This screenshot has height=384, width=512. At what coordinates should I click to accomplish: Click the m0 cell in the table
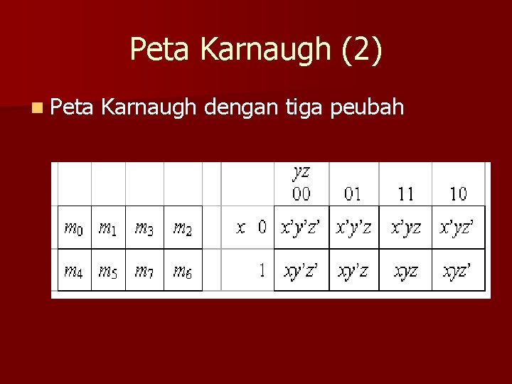74,228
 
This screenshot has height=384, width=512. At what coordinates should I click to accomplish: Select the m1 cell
108,228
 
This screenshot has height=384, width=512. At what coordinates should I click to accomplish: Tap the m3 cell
144,228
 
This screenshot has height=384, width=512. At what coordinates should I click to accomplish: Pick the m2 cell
183,228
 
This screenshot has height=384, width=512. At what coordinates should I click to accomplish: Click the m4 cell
74,270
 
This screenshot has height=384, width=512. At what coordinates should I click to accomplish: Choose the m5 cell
108,270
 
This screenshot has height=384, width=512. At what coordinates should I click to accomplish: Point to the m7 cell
144,270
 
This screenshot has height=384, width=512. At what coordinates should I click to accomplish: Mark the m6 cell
183,270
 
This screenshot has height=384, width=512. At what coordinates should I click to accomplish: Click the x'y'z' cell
302,228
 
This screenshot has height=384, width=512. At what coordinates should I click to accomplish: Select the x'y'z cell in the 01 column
353,228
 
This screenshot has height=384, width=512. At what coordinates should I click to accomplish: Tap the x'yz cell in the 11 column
405,228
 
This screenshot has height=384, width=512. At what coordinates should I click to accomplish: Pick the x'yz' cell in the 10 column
458,228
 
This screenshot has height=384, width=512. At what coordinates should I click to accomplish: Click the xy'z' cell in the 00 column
302,270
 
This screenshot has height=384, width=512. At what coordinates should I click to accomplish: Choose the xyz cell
405,270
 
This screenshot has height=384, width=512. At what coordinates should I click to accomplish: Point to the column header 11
405,193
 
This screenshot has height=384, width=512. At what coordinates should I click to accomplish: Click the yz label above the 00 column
302,171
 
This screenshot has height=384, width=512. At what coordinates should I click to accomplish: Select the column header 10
458,193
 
